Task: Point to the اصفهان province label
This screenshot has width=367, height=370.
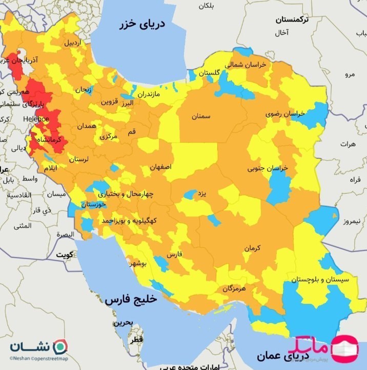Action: [x=161, y=168]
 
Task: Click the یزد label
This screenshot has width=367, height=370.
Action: [x=202, y=194]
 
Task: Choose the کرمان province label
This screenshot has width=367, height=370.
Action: [x=252, y=248]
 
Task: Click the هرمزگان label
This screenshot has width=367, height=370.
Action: [x=234, y=289]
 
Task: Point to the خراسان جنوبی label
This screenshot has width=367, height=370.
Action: [x=268, y=168]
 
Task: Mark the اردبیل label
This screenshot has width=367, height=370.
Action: [x=72, y=43]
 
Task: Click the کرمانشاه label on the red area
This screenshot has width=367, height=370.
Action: [x=50, y=139]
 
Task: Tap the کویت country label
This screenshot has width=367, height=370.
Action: [x=65, y=254]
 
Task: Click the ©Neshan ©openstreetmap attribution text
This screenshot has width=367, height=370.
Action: [x=38, y=359]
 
